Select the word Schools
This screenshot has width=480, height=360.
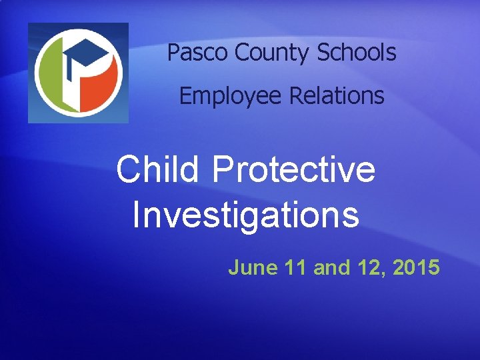[x=356, y=53]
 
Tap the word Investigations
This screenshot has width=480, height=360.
[x=245, y=215]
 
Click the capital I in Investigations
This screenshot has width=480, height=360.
[x=136, y=215]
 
